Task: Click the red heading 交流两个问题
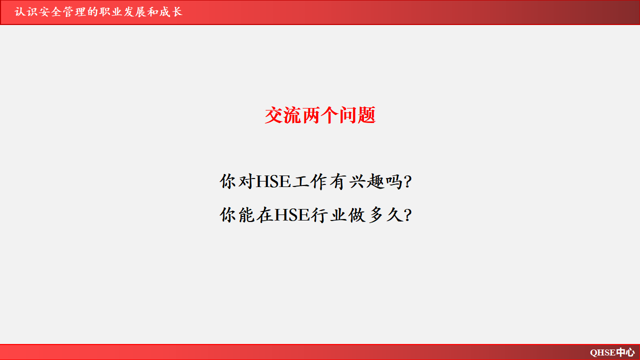coord(320,115)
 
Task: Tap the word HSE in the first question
coord(273,181)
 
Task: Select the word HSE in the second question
coord(292,215)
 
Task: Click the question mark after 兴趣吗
coord(408,181)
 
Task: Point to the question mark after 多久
coord(408,215)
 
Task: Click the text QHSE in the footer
coord(603,352)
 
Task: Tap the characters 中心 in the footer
coord(625,352)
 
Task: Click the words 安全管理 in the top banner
coord(63,12)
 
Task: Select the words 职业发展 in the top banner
coord(123,12)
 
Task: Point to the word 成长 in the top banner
coord(170,12)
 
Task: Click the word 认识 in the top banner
coord(26,12)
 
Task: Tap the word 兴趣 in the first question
coord(366,181)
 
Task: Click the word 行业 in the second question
coord(328,215)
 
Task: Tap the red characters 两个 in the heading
coord(320,115)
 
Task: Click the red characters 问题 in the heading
coord(357,115)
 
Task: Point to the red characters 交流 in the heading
coord(283,115)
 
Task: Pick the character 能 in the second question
coord(246,215)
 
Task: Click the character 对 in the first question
coord(246,181)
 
